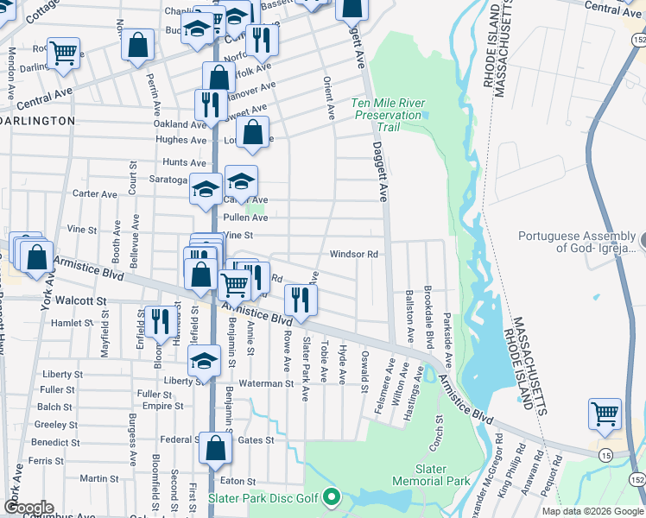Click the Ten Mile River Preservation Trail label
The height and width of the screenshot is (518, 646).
click(389, 115)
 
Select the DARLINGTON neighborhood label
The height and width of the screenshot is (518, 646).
click(39, 121)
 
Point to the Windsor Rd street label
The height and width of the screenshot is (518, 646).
click(354, 255)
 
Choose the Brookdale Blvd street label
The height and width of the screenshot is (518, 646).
click(427, 314)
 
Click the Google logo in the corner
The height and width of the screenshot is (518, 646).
click(28, 508)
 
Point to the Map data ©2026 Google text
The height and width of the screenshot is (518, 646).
click(593, 511)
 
